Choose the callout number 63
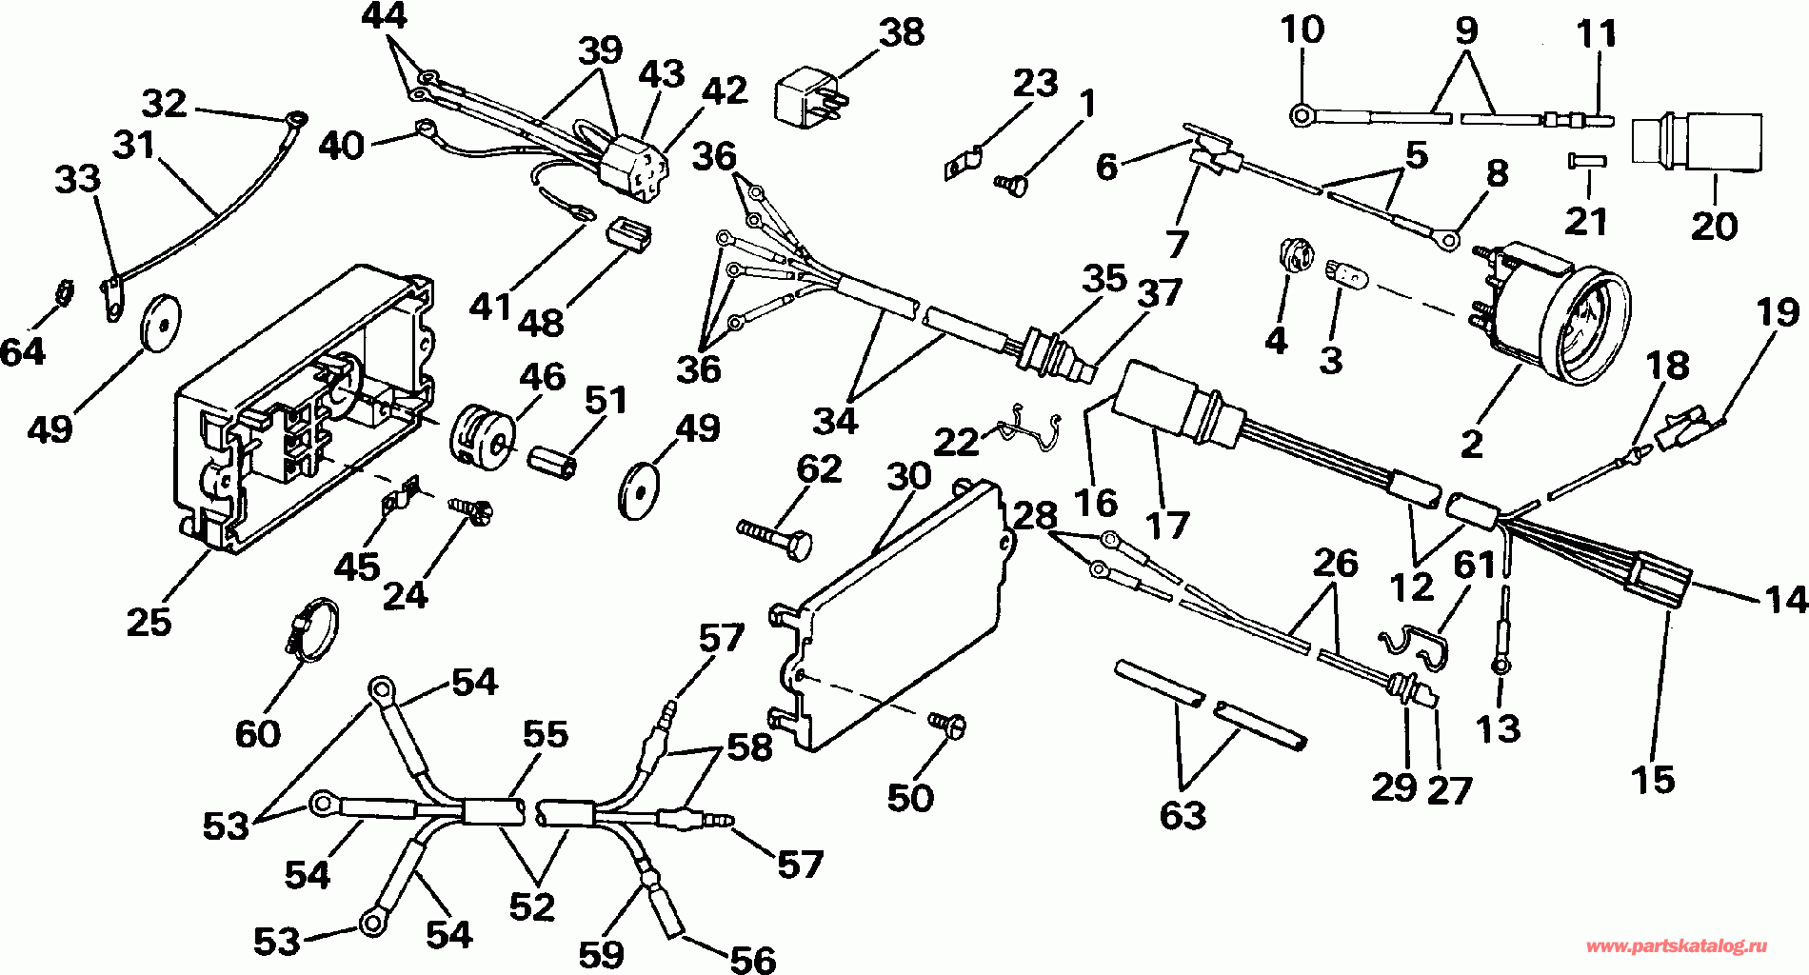coord(1183,816)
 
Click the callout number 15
coord(1652,780)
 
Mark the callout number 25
coord(149,621)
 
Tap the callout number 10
coord(1302,30)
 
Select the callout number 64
coord(22,351)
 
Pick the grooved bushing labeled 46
coord(481,434)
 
